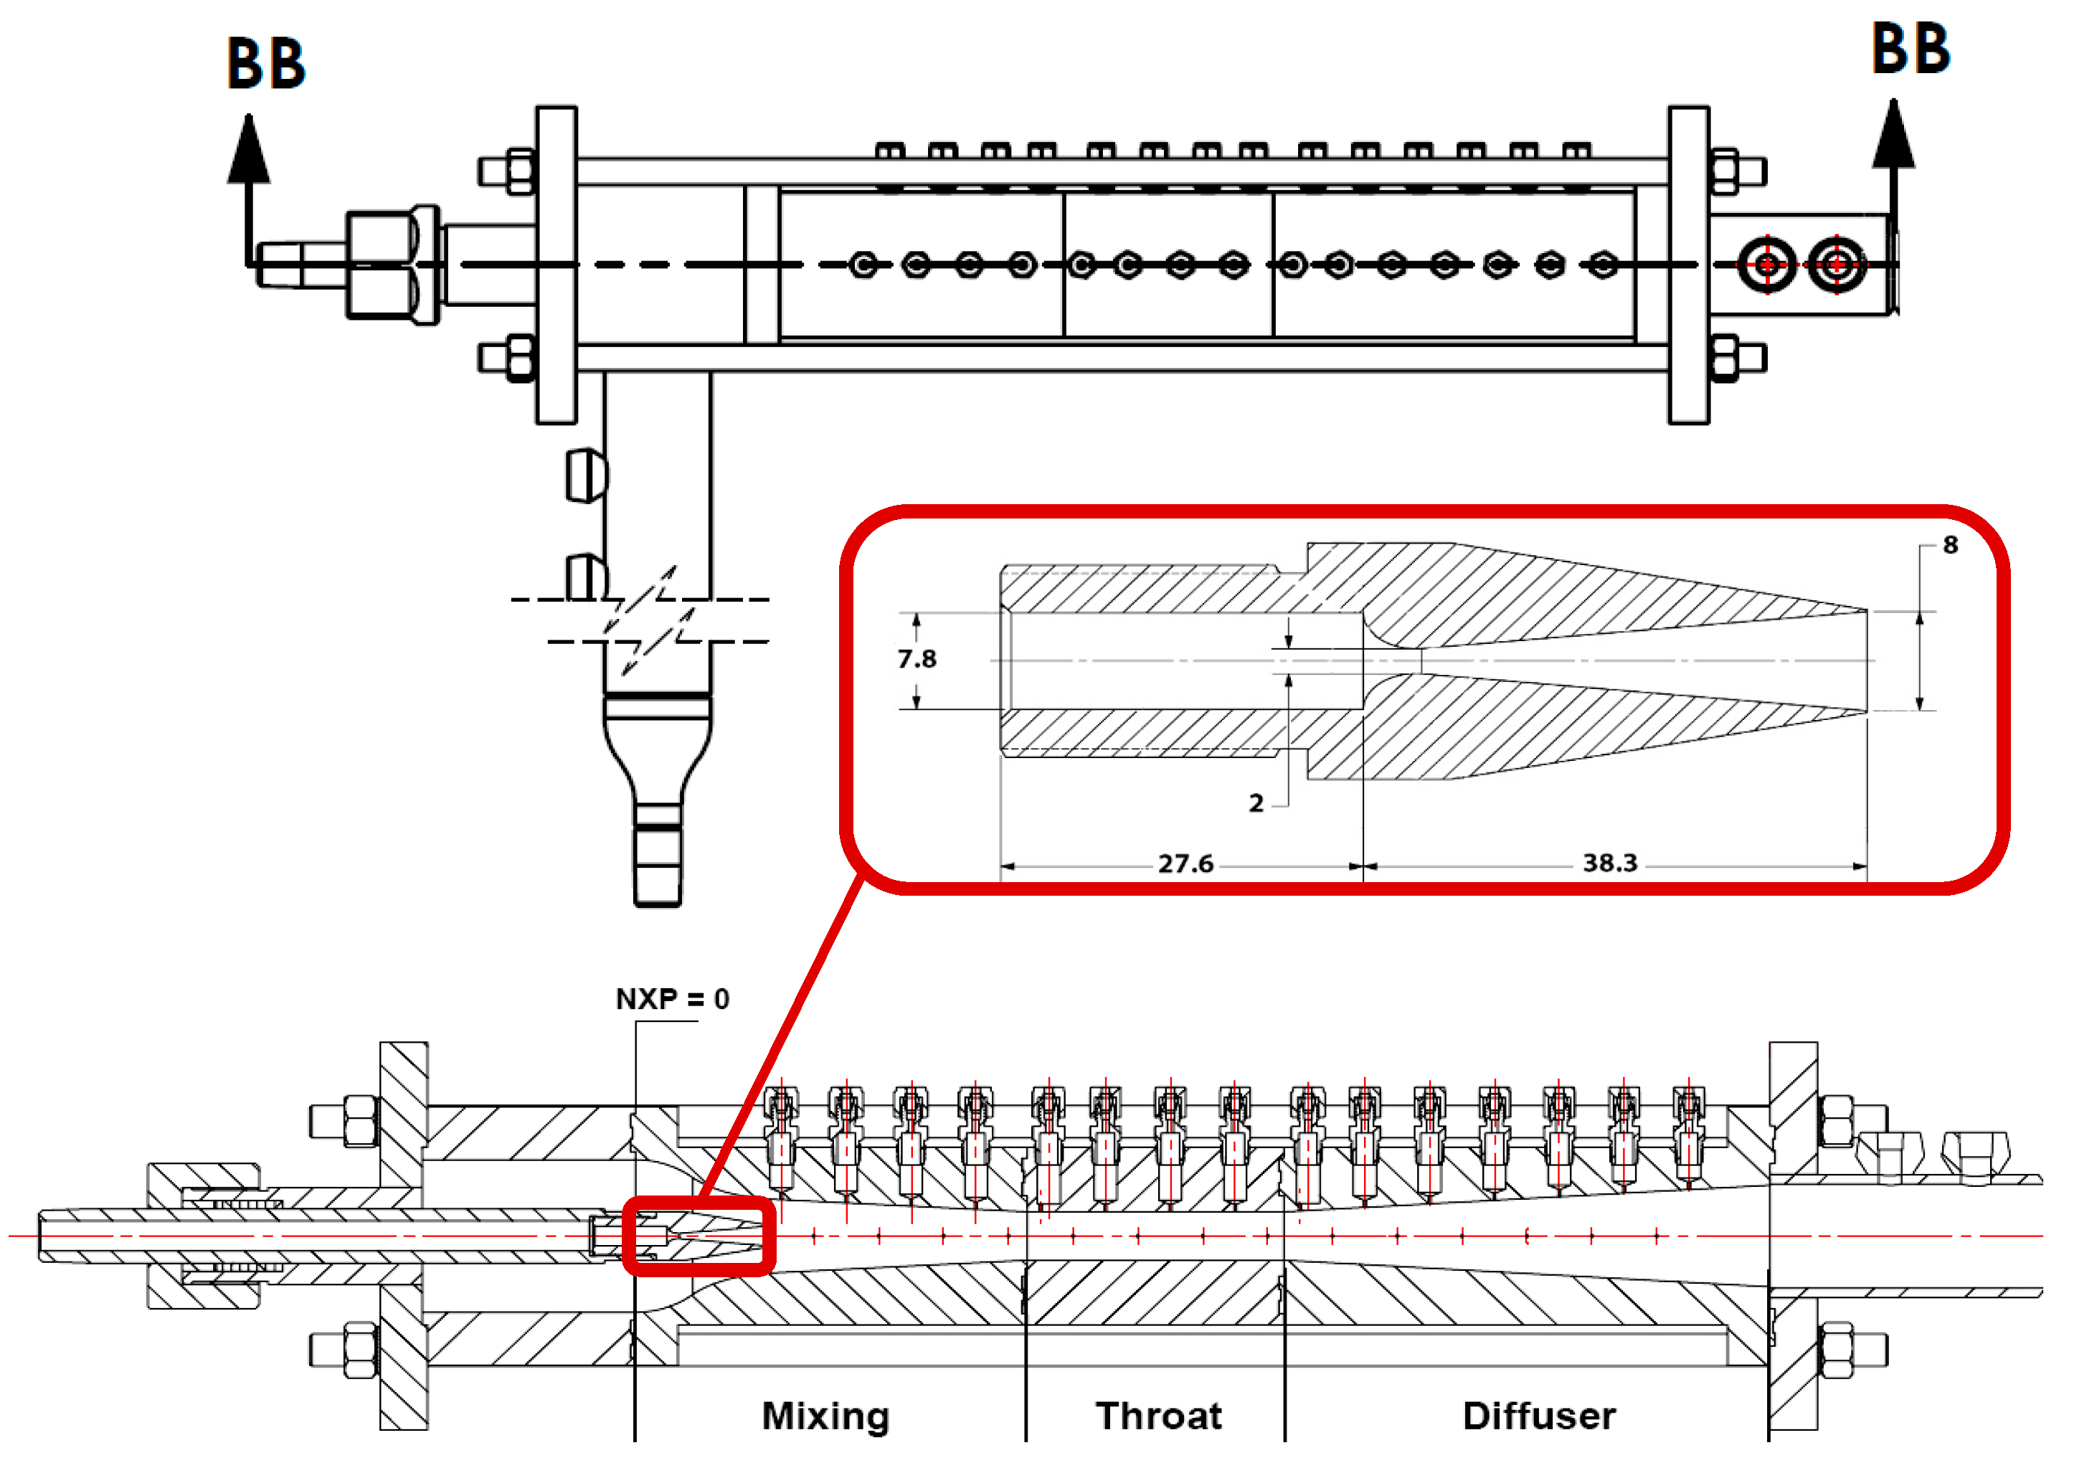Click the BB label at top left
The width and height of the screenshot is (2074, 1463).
point(265,63)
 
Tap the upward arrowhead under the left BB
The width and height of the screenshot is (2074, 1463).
point(248,149)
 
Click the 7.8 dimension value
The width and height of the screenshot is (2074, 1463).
point(917,659)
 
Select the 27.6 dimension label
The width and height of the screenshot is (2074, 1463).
point(1185,864)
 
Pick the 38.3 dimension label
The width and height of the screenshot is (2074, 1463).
point(1610,863)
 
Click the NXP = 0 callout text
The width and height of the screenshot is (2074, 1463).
point(672,999)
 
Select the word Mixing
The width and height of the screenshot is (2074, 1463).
point(825,1416)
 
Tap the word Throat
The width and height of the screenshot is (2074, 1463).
point(1158,1416)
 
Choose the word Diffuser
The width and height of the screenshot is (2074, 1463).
point(1539,1416)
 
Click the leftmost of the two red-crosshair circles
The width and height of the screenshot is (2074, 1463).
point(1767,265)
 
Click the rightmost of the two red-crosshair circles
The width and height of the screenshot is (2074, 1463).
point(1837,265)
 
